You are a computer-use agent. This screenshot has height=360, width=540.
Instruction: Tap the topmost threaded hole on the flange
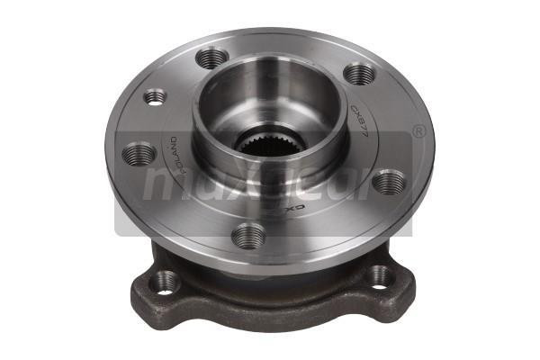pyautogui.click(x=211, y=59)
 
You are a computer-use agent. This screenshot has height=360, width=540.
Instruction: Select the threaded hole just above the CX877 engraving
pyautogui.click(x=359, y=74)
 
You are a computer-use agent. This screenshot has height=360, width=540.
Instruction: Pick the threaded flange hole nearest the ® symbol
pyautogui.click(x=389, y=183)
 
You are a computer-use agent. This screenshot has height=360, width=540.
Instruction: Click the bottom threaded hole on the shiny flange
pyautogui.click(x=248, y=237)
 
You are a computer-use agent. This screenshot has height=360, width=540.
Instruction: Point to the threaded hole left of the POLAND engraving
pyautogui.click(x=138, y=154)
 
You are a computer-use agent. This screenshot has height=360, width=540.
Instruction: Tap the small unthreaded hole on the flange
pyautogui.click(x=155, y=95)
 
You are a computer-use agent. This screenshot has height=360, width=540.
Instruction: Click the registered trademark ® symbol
pyautogui.click(x=418, y=131)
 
